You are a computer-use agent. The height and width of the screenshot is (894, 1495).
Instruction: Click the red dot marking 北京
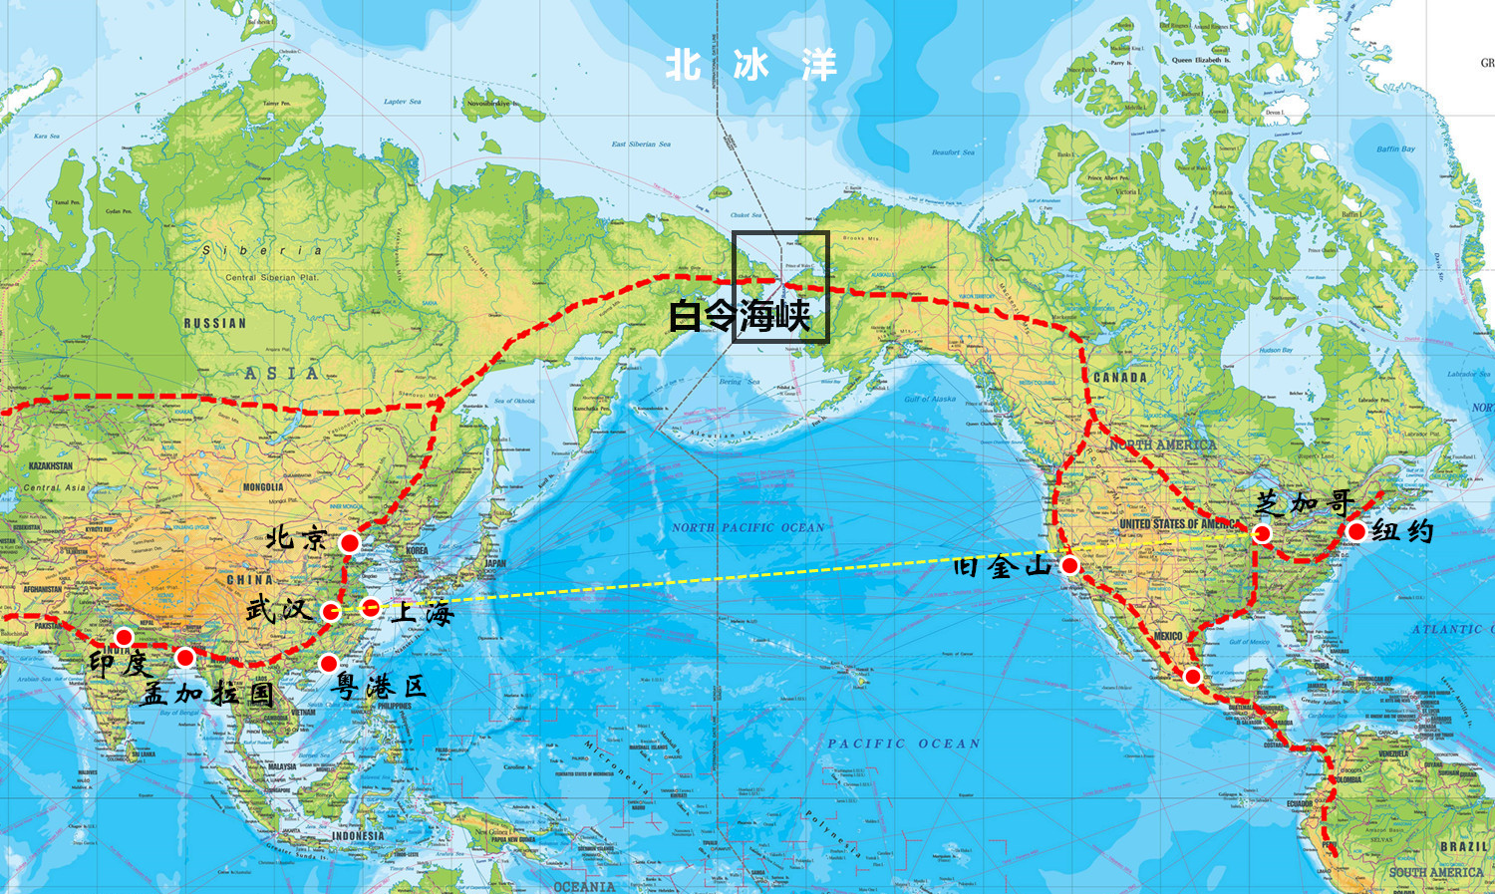click(x=349, y=542)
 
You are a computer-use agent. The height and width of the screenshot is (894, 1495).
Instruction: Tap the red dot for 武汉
click(x=331, y=611)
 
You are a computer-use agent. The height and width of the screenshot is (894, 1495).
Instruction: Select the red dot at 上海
click(x=370, y=607)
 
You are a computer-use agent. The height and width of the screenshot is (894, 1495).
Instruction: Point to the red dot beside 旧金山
click(x=1069, y=565)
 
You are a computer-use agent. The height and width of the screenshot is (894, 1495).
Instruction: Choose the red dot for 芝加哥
click(x=1262, y=533)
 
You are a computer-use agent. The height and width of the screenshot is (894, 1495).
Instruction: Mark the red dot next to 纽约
click(x=1355, y=531)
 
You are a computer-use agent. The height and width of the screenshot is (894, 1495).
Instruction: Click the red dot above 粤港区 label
click(x=328, y=663)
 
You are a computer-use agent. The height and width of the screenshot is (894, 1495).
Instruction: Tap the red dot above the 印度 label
click(x=124, y=637)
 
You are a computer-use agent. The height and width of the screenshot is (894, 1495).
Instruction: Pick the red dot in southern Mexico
click(x=1192, y=677)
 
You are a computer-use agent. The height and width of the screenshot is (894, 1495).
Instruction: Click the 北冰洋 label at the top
click(x=750, y=66)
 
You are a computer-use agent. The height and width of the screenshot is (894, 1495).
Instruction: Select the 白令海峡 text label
click(x=740, y=316)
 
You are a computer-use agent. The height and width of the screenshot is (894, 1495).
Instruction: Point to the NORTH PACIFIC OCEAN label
click(x=747, y=527)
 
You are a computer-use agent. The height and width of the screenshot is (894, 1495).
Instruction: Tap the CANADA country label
click(x=1119, y=378)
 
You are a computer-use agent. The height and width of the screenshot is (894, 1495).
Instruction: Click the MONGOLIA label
click(x=263, y=487)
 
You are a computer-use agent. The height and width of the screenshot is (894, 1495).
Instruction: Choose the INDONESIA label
click(x=358, y=836)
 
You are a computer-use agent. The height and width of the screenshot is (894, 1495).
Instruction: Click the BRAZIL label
click(x=1463, y=846)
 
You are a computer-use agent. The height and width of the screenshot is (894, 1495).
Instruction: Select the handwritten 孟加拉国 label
click(x=207, y=692)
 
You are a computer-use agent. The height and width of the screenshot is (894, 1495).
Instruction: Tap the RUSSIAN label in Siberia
click(x=214, y=324)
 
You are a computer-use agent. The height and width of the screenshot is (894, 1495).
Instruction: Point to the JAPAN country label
click(x=495, y=563)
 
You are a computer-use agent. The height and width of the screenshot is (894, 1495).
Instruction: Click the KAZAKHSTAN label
click(x=50, y=466)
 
